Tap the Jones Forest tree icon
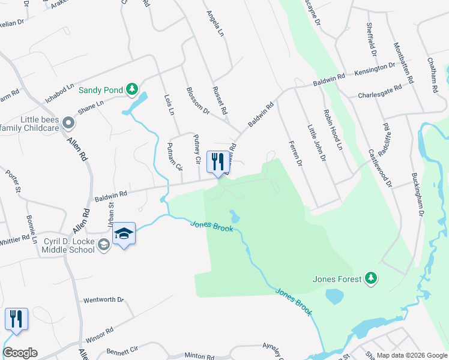click(372, 278)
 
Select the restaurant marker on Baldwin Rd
click(217, 162)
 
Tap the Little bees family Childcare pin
click(68, 124)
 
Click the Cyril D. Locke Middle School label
click(68, 245)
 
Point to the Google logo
click(20, 353)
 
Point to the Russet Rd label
click(220, 100)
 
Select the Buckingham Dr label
click(418, 194)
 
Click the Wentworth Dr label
click(103, 299)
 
